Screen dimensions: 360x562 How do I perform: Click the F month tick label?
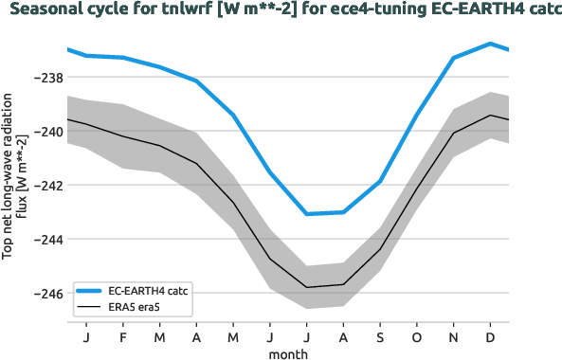point(123,337)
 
